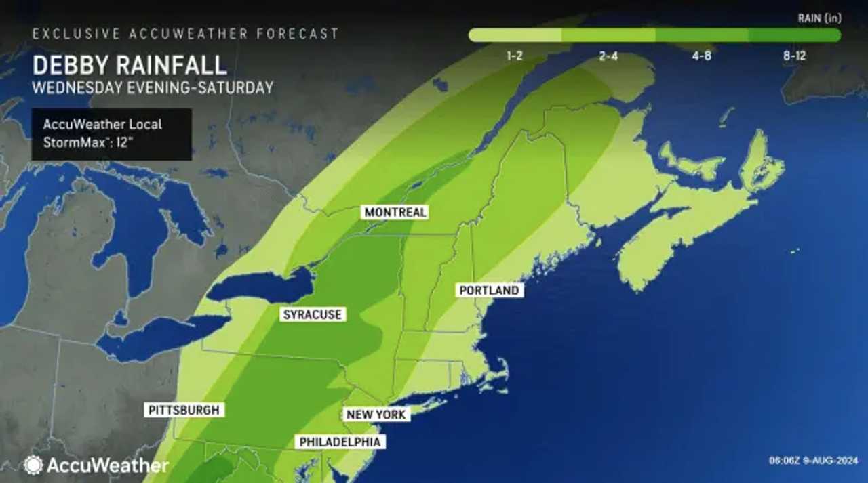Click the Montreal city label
395,212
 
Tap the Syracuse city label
313,314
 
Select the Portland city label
489,290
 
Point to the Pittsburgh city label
184,410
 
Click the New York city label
376,415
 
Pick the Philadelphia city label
340,442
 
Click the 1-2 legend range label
515,56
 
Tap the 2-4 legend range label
608,56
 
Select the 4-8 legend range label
701,56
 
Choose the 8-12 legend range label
794,56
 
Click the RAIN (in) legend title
819,18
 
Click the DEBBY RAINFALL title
129,66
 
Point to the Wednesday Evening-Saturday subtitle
153,87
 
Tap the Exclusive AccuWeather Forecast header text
185,34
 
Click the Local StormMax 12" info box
111,134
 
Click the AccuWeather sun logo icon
33,465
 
